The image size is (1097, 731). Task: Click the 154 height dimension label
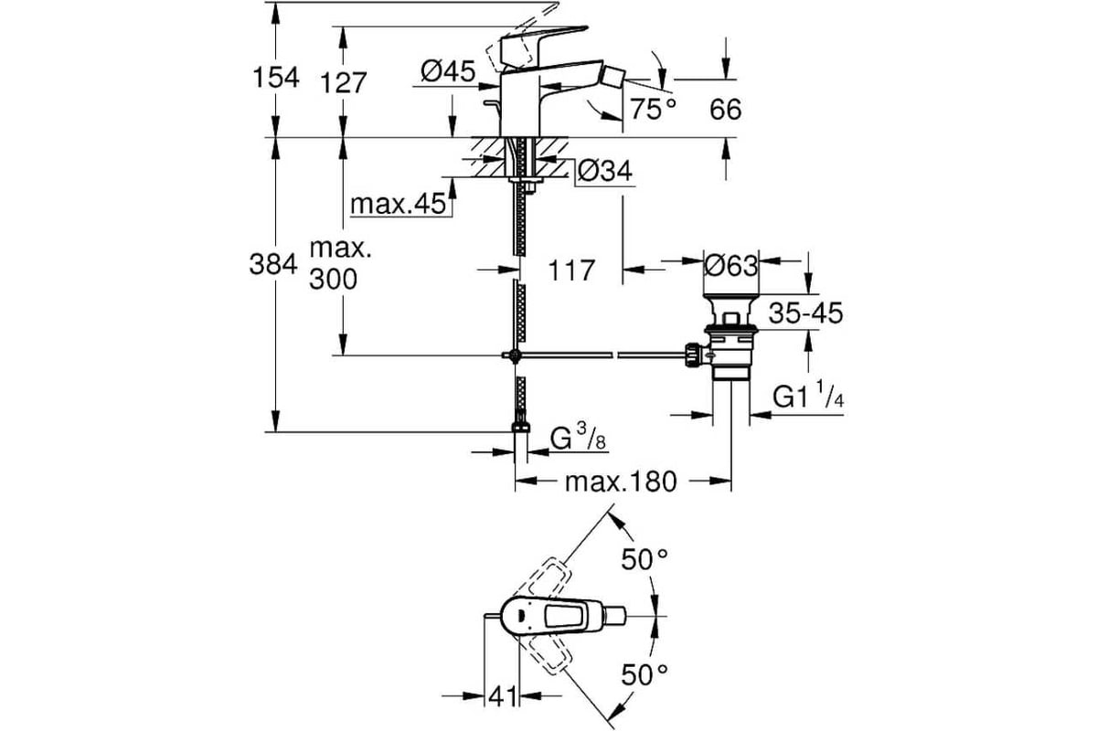pos(275,79)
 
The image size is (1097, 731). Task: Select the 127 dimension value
pos(342,83)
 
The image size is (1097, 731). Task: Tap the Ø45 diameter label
pos(449,71)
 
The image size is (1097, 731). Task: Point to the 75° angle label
pos(654,111)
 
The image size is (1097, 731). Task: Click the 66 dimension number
pos(725,111)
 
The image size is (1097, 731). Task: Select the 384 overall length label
pos(274,265)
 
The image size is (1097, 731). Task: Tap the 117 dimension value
pos(571,270)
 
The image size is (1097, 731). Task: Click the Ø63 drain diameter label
pos(731,266)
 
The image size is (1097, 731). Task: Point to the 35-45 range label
pos(805,314)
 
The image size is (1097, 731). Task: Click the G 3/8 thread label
pos(577,439)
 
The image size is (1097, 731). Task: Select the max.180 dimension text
pos(621,482)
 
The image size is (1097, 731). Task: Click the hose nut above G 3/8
pos(521,429)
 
